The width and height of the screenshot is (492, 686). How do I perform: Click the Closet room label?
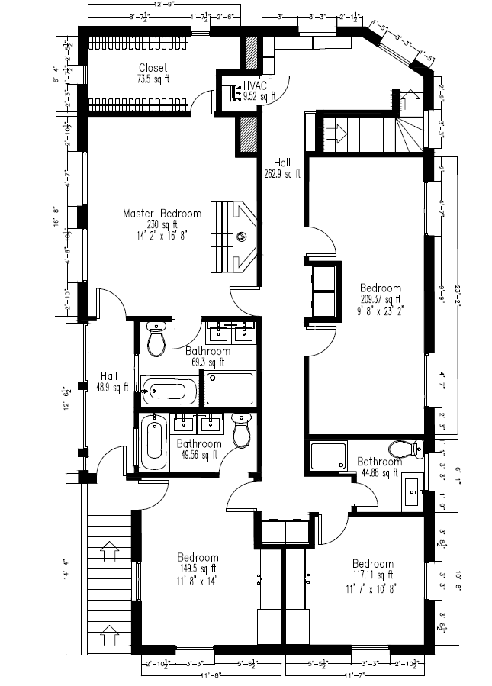[x=153, y=68]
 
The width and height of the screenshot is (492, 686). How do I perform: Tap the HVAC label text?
[x=254, y=85]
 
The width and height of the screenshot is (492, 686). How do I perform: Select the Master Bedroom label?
[x=162, y=214]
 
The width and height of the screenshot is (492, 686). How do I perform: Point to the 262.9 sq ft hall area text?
[x=282, y=174]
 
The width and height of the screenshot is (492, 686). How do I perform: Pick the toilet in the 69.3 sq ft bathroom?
[x=156, y=340]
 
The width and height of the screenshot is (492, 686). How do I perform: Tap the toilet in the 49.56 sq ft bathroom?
[x=241, y=431]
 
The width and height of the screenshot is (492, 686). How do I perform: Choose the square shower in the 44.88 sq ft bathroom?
[x=328, y=456]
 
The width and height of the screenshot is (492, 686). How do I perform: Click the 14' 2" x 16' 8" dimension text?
[x=162, y=236]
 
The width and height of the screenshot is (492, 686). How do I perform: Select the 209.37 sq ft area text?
[x=381, y=299]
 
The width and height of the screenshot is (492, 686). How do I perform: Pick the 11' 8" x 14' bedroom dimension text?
[x=198, y=579]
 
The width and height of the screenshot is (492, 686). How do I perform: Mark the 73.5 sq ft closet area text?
[x=153, y=79]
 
